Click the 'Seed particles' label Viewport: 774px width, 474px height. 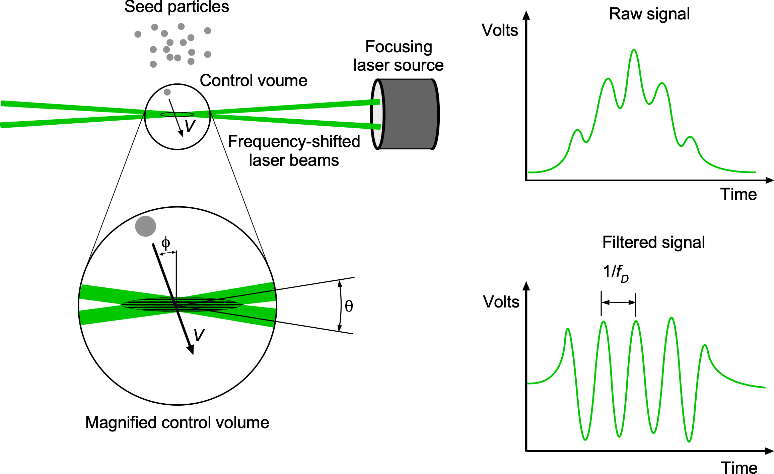pyautogui.click(x=177, y=7)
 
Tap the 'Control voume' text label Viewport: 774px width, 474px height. pyautogui.click(x=254, y=81)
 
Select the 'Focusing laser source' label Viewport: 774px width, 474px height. pyautogui.click(x=399, y=56)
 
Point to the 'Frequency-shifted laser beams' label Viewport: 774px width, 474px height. pyautogui.click(x=294, y=151)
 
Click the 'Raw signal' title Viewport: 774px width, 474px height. pyautogui.click(x=649, y=14)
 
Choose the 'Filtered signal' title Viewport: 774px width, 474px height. pyautogui.click(x=653, y=242)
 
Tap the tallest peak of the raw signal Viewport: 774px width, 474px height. pyautogui.click(x=634, y=51)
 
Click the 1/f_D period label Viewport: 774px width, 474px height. pyautogui.click(x=616, y=273)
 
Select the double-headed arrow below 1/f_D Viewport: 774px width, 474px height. pyautogui.click(x=618, y=302)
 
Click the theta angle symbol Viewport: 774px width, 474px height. pyautogui.click(x=349, y=306)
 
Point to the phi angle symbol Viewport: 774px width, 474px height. pyautogui.click(x=165, y=243)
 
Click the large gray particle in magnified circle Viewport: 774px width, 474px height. pyautogui.click(x=145, y=226)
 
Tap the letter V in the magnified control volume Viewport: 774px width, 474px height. pyautogui.click(x=199, y=335)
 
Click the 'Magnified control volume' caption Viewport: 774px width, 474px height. pyautogui.click(x=177, y=422)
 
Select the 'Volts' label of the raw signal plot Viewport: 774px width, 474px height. pyautogui.click(x=500, y=30)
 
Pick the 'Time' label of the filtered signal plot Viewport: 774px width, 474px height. pyautogui.click(x=739, y=468)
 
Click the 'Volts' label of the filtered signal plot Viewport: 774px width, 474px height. pyautogui.click(x=501, y=302)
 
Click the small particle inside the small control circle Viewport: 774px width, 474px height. pyautogui.click(x=167, y=92)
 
